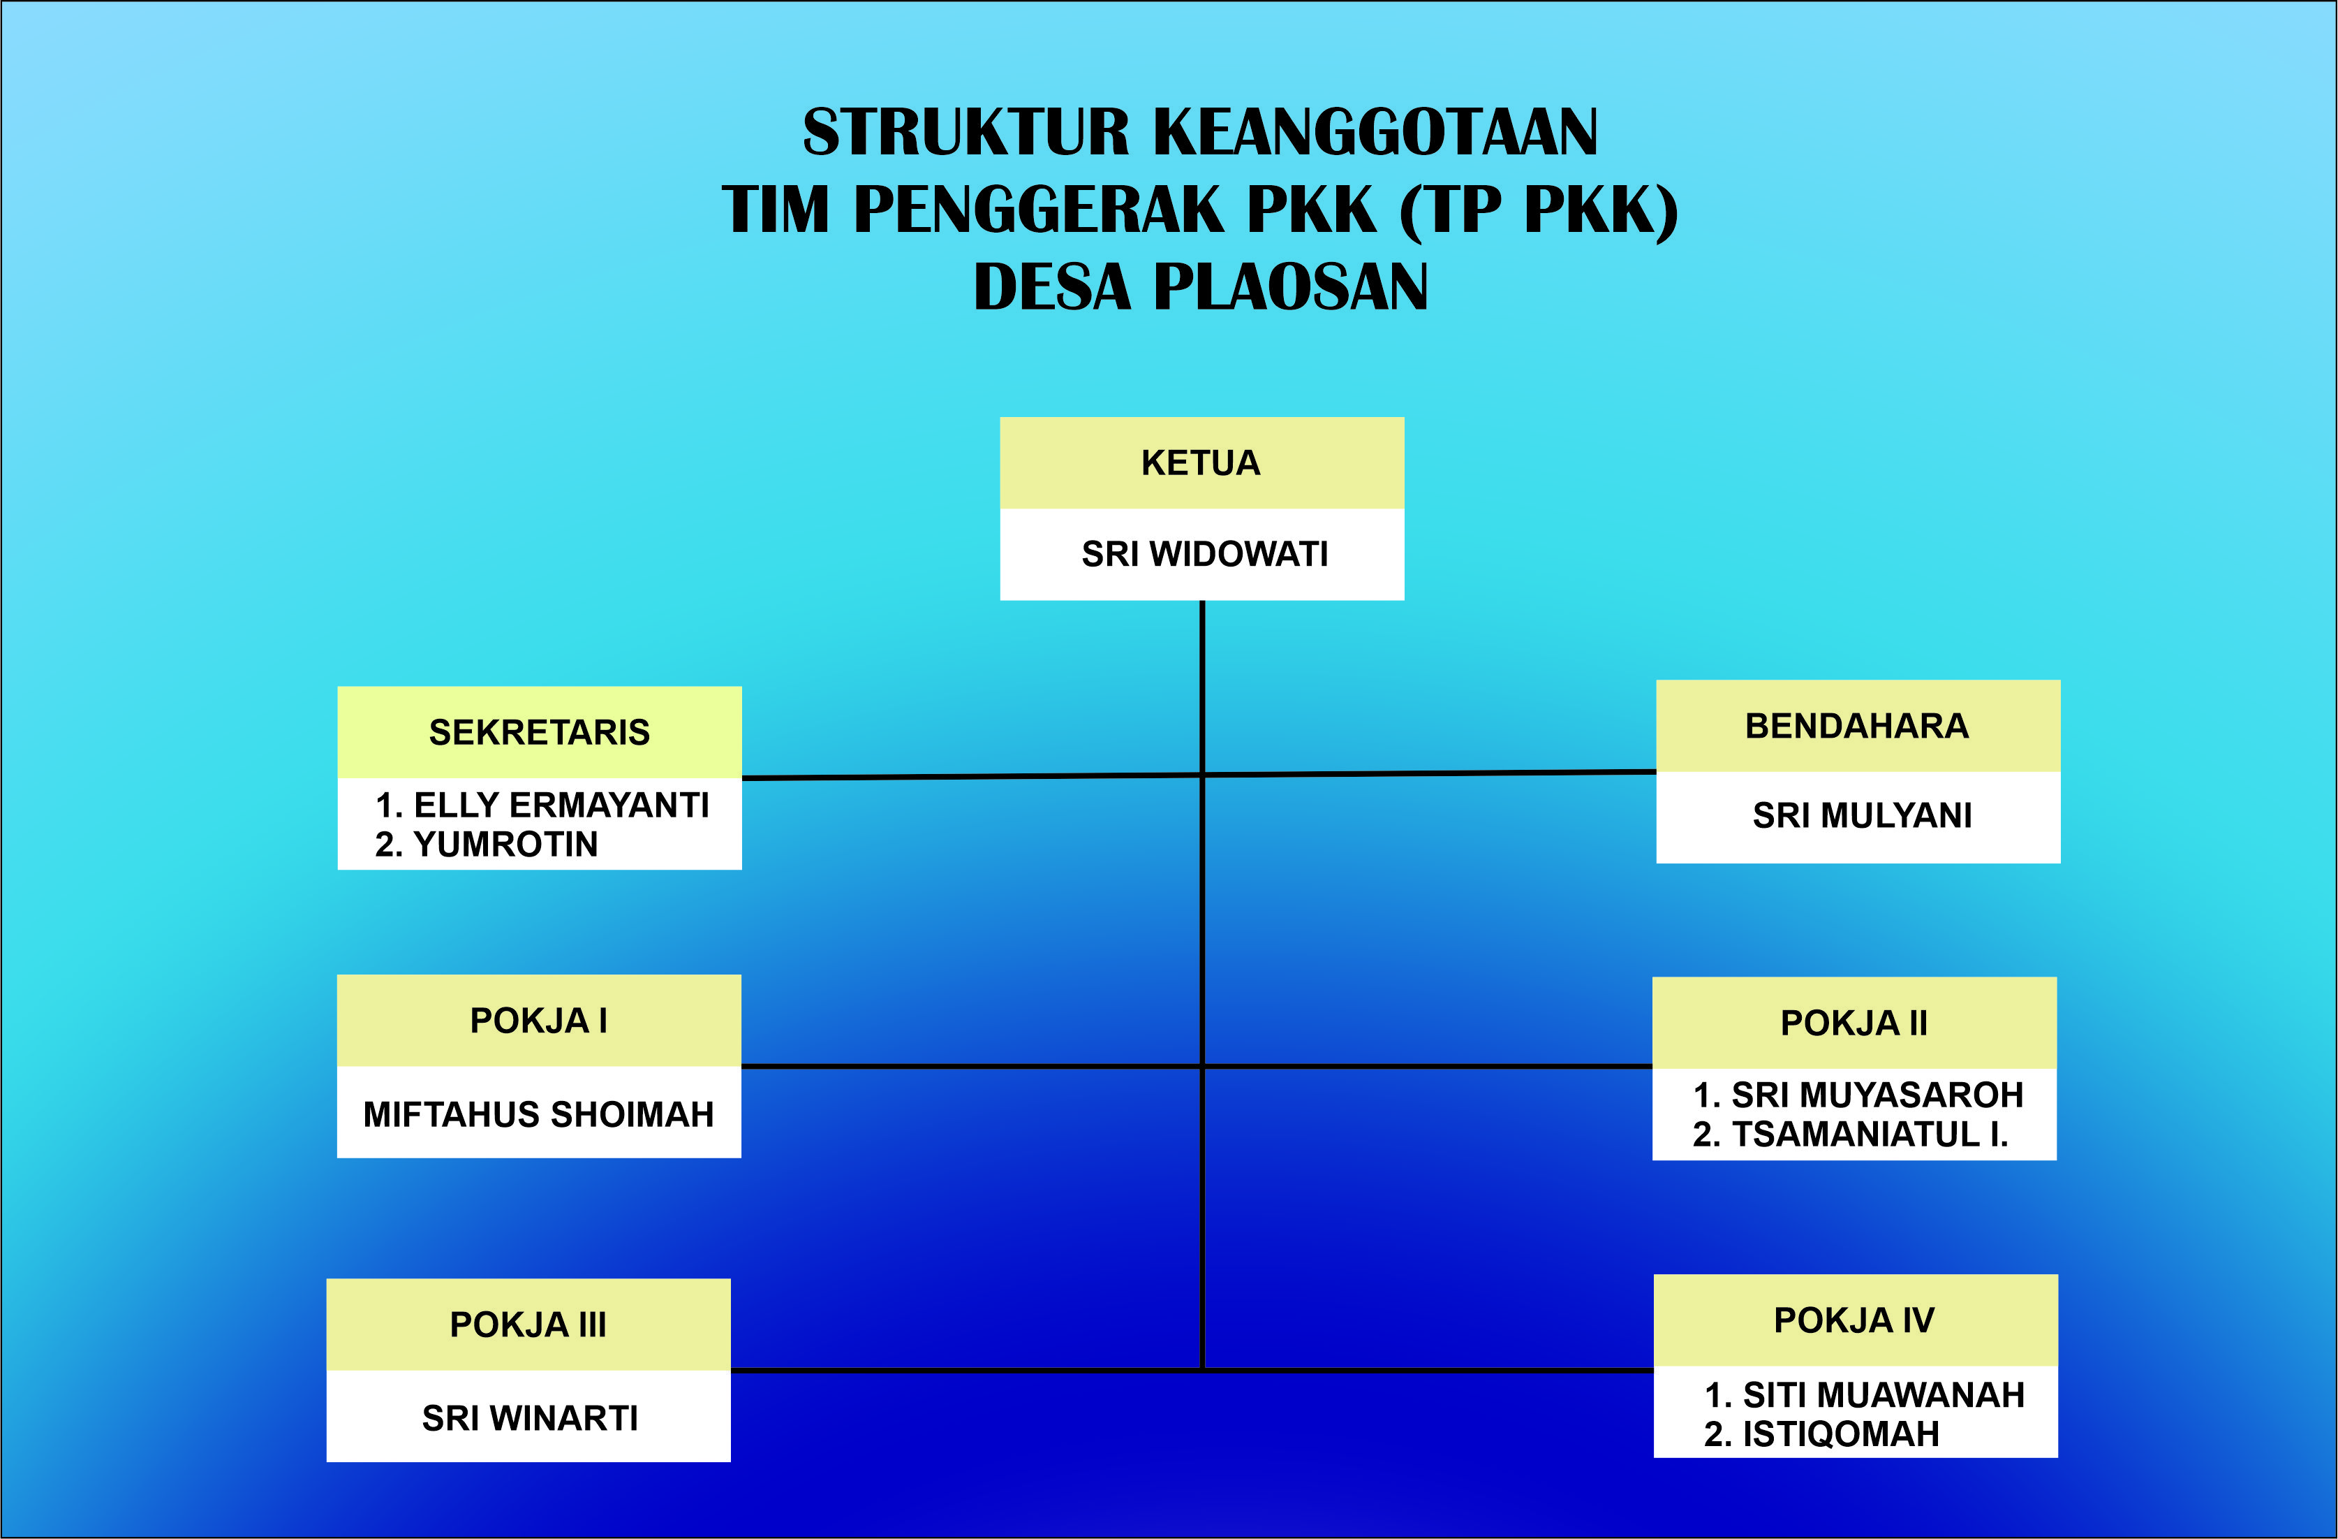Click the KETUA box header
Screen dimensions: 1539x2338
click(1201, 463)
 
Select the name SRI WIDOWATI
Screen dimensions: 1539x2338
click(1204, 554)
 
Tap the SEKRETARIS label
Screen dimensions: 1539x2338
click(540, 732)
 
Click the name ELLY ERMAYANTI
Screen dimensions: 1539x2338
click(560, 805)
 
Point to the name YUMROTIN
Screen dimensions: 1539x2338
click(505, 844)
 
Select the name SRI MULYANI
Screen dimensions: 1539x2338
click(1862, 816)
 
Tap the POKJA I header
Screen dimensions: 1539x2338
click(538, 1021)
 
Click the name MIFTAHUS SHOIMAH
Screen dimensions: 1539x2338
click(538, 1114)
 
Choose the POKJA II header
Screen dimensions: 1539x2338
click(1854, 1023)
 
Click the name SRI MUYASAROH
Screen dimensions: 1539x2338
click(1877, 1095)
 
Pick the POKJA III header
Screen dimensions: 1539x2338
click(528, 1325)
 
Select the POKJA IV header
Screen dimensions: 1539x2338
click(1854, 1320)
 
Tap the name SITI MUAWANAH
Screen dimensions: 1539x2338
click(1882, 1394)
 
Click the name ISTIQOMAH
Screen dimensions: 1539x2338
click(1840, 1434)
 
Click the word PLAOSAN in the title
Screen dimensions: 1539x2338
click(1290, 287)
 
